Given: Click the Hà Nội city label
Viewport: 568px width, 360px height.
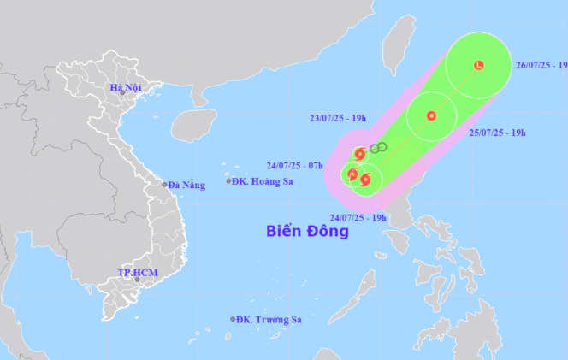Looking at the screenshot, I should tap(126, 87).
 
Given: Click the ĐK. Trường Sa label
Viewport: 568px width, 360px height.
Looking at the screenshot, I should tap(269, 319).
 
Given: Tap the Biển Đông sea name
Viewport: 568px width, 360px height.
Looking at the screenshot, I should tap(307, 231).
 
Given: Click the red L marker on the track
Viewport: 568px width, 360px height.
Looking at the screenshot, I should tap(478, 66).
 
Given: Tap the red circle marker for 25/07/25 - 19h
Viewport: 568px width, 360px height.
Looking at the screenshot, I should tap(431, 116).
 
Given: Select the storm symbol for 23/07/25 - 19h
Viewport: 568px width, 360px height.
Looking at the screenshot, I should tap(360, 154).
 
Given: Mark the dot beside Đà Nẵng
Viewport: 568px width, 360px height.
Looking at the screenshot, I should tap(165, 185).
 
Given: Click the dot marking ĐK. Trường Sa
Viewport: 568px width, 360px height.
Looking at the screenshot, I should tap(233, 319).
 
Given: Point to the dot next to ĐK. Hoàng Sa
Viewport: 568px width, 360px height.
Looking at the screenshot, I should tap(228, 180).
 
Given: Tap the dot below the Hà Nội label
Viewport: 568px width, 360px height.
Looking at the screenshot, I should tap(122, 93).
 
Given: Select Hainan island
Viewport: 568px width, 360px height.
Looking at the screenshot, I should tap(192, 126).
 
